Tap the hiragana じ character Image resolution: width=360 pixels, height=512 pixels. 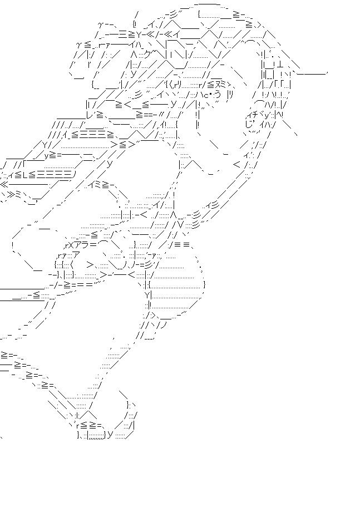pos(248,125)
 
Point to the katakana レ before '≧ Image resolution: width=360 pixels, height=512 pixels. pos(90,114)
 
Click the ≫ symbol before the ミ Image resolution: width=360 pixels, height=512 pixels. pos(12,194)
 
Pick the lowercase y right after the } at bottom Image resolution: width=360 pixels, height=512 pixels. pos(110,434)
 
